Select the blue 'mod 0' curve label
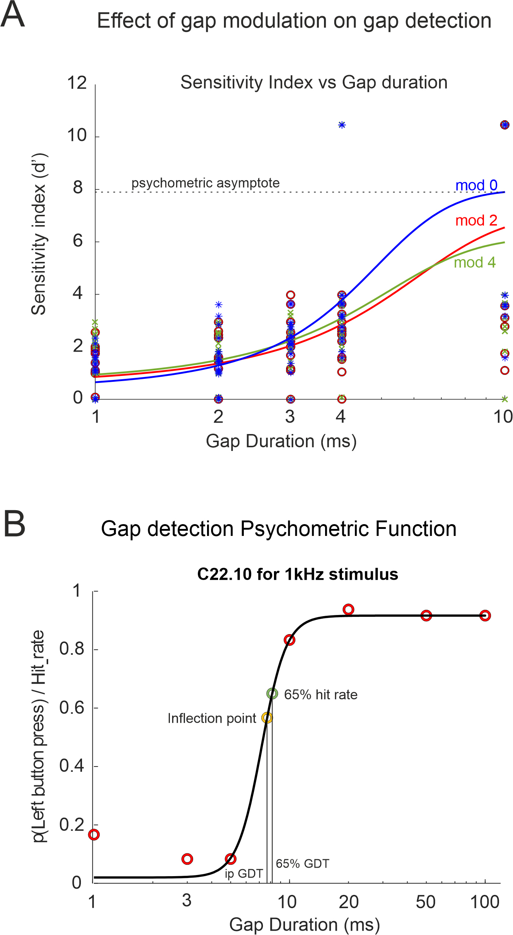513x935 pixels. (476, 185)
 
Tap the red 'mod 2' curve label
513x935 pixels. (476, 221)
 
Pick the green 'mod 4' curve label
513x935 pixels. (475, 263)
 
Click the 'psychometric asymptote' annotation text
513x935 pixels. (206, 183)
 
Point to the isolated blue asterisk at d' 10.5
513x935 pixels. (342, 125)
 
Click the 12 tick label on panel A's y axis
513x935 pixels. (77, 83)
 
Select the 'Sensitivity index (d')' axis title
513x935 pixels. (39, 234)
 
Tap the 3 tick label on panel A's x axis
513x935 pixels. (290, 417)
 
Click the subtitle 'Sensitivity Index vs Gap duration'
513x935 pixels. (314, 82)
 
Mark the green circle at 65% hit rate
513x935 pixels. (272, 694)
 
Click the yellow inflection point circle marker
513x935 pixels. (267, 718)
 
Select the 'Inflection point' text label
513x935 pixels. (212, 718)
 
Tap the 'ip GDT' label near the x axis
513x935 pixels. (244, 874)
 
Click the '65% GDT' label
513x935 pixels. (302, 864)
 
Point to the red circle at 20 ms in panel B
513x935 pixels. (348, 610)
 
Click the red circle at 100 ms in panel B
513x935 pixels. (485, 616)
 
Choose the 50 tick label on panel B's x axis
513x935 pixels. (425, 902)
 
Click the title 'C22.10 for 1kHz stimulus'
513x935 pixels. (298, 574)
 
